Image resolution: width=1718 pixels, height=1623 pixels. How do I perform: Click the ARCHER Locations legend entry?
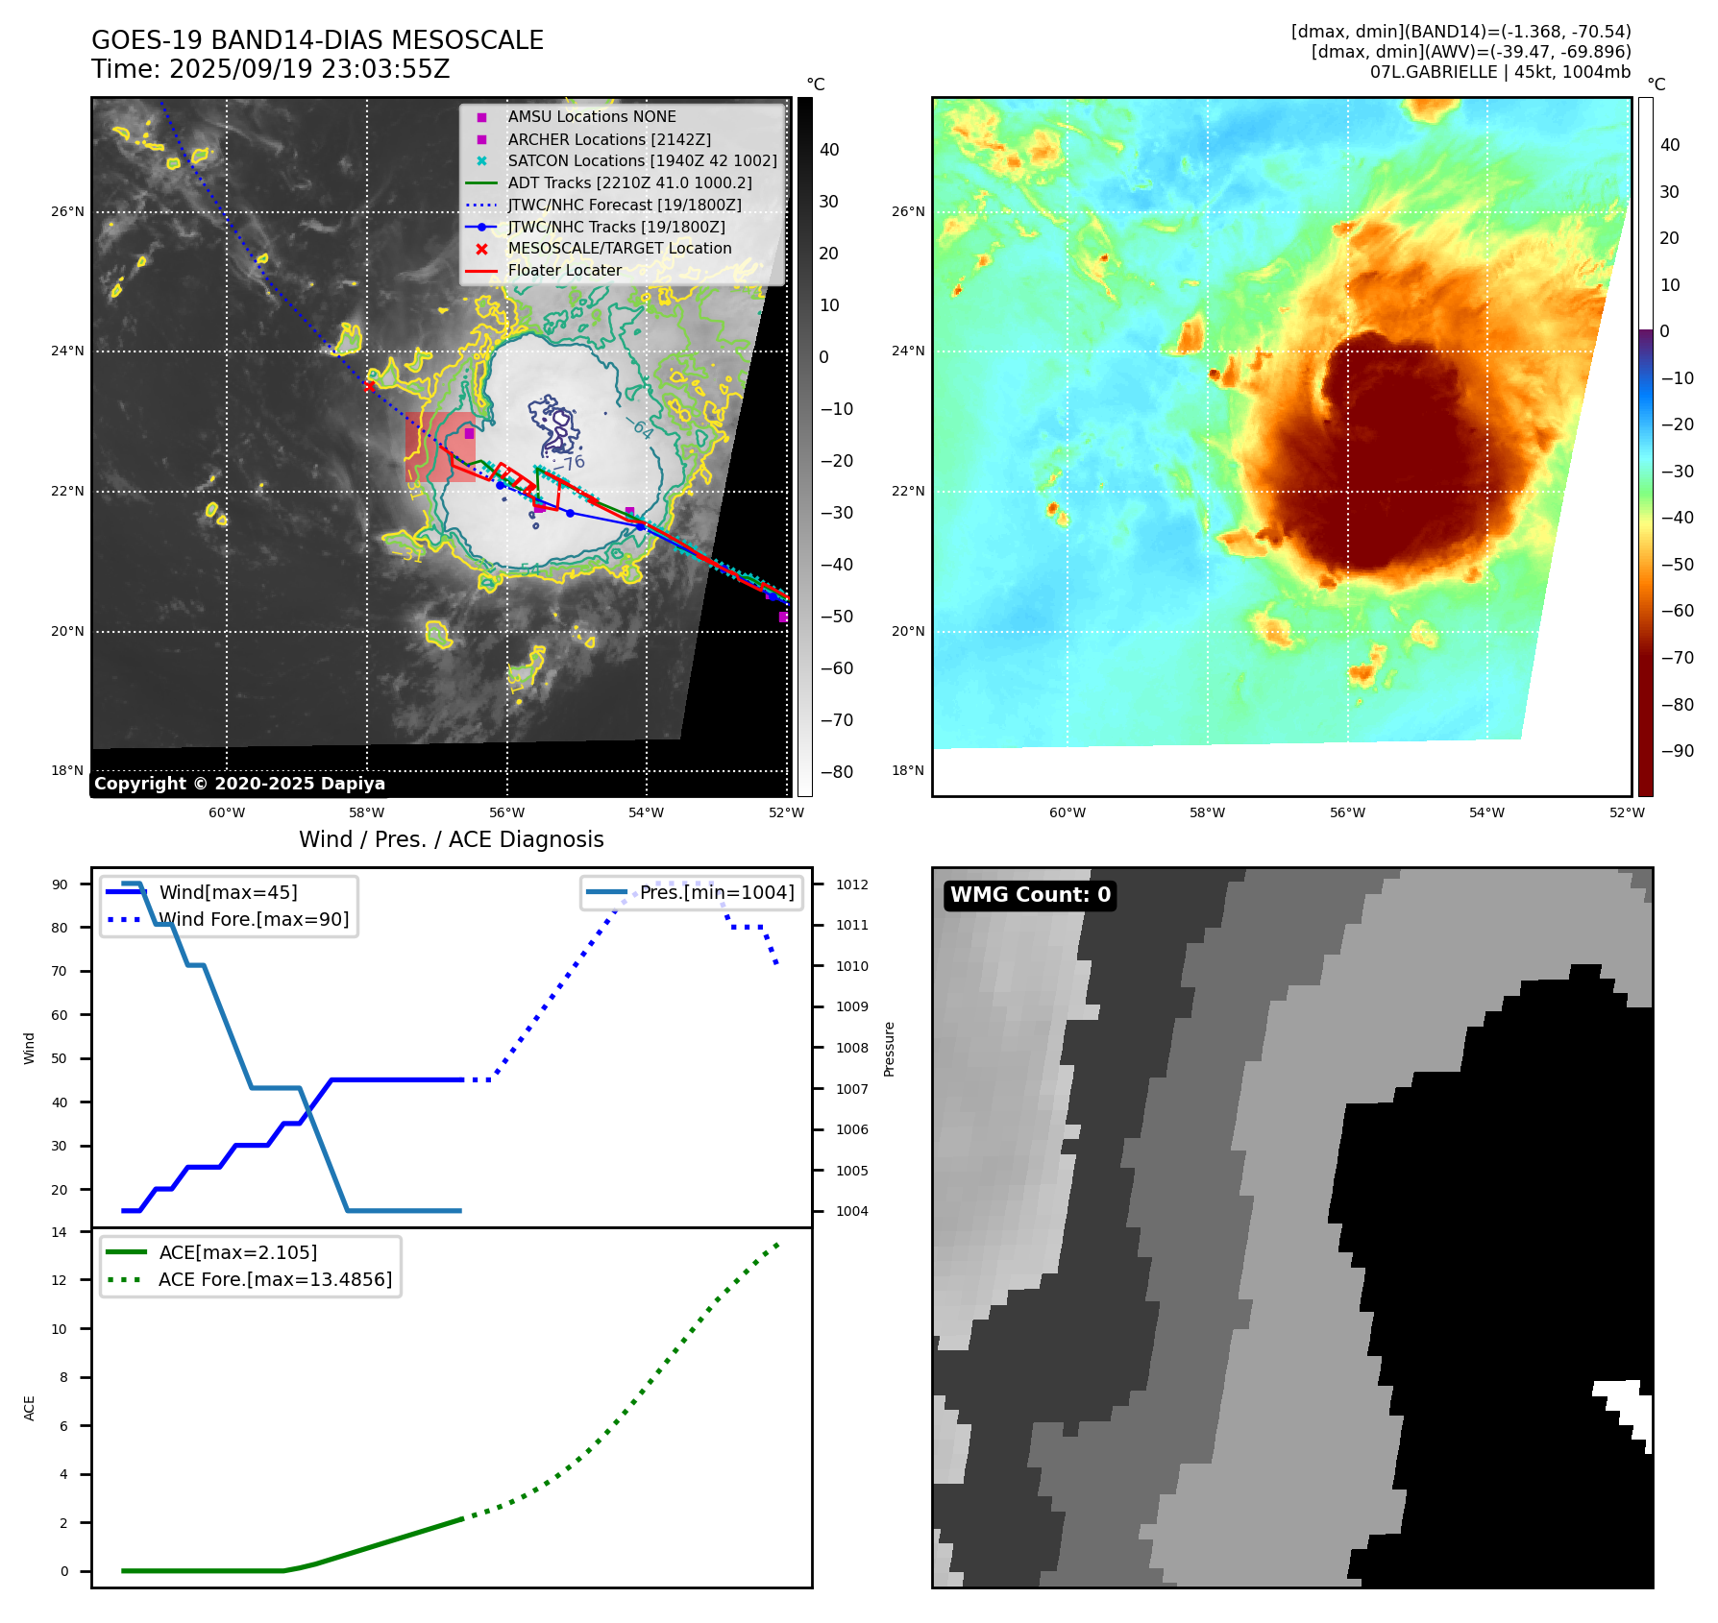[609, 139]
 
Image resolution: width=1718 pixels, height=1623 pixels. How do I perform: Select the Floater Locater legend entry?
[564, 271]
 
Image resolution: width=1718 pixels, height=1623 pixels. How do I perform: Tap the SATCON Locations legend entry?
[642, 161]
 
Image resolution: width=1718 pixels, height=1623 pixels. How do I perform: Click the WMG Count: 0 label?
[1030, 895]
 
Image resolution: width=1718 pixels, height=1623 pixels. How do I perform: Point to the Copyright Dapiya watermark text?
[239, 784]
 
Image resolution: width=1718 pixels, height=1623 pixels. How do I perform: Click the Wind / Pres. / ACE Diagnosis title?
[452, 839]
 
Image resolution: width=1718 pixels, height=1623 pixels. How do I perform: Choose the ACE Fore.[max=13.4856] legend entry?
[275, 1280]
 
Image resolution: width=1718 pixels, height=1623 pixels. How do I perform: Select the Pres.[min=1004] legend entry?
[717, 893]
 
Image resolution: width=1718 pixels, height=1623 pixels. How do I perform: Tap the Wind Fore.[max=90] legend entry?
[254, 920]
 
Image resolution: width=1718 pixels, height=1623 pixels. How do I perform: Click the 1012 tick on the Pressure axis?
[851, 884]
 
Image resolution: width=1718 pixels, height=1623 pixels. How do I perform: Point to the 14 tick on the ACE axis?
[60, 1232]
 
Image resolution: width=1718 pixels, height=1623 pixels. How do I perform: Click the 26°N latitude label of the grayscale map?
[67, 212]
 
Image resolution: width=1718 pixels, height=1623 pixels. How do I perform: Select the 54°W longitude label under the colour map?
[1486, 812]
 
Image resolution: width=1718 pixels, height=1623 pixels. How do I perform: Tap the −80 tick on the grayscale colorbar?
[836, 772]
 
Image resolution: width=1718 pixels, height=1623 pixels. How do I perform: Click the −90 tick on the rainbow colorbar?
[1677, 751]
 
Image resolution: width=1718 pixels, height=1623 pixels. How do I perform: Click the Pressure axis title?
[889, 1049]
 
